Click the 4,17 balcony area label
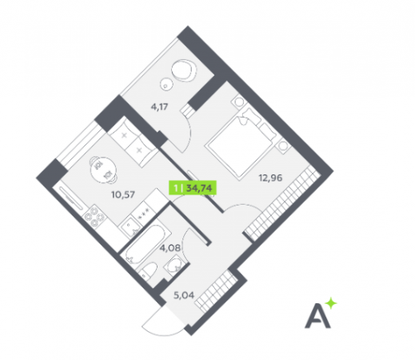coord(159,107)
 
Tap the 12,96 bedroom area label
coord(270,178)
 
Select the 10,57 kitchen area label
coord(123,194)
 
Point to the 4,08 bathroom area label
coord(170,248)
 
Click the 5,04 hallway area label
coord(184,295)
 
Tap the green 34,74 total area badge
coord(193,188)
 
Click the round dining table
coord(103,170)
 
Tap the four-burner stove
coord(95,216)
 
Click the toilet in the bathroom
coord(149,270)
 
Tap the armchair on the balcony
coord(183,70)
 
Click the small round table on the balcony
coord(166,85)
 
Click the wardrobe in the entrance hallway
coord(216,290)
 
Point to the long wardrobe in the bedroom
coord(282,203)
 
